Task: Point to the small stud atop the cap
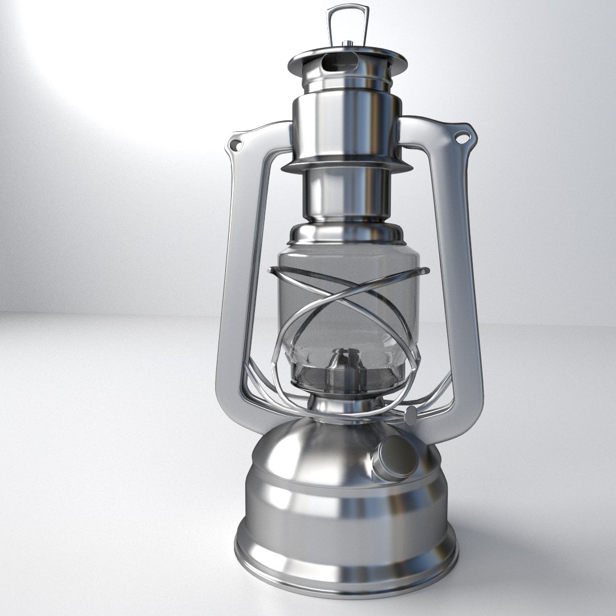pos(347,43)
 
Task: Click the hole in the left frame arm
pos(234,146)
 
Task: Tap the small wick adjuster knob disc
pos(410,415)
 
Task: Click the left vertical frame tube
pos(234,285)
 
